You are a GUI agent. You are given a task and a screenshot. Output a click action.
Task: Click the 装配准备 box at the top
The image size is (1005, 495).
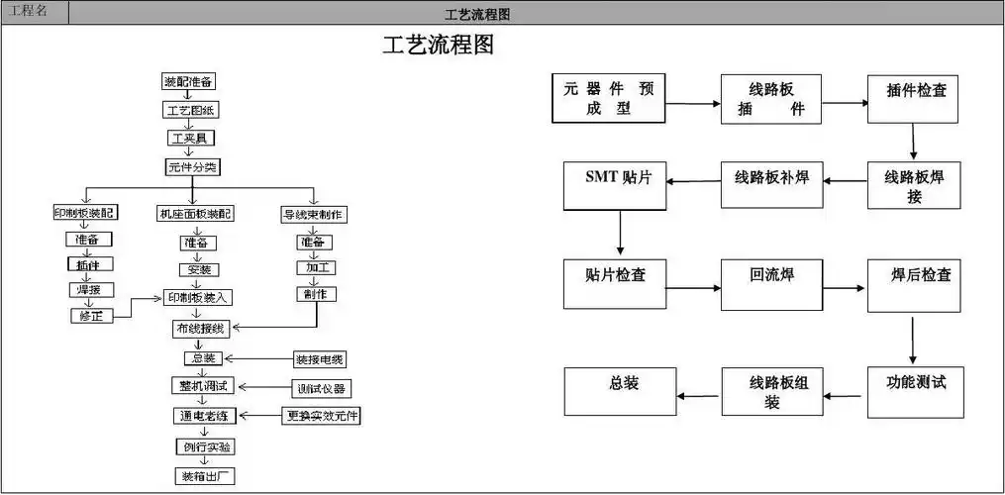[189, 81]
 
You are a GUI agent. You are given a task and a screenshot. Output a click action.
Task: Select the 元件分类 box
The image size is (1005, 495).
[191, 167]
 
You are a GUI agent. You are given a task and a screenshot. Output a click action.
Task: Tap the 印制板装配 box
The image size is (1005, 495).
[85, 213]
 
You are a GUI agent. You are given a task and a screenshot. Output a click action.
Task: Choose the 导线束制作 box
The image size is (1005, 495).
[314, 214]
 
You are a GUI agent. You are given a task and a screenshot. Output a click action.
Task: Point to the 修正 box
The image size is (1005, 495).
[91, 316]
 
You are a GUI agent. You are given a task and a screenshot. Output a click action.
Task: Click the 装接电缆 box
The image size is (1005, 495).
[320, 358]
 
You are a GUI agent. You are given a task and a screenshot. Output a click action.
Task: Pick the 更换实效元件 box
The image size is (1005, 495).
[321, 416]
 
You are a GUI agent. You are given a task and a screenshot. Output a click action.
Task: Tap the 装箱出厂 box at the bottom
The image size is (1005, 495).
[204, 475]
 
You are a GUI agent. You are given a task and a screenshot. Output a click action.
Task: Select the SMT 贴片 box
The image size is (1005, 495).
[617, 184]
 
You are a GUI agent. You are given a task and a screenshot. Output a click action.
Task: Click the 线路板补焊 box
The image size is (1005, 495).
[771, 184]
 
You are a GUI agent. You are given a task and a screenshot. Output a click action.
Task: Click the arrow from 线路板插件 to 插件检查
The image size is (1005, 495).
[845, 101]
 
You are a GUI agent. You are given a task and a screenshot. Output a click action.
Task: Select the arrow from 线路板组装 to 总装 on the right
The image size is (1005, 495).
[699, 394]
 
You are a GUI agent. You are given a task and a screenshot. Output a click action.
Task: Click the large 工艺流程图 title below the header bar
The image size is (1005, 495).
[438, 45]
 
